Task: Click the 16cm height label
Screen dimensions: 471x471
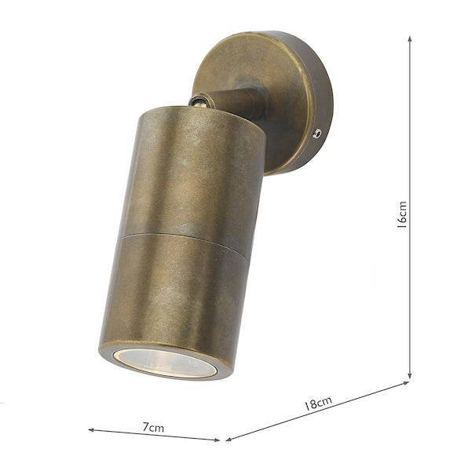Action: [401, 213]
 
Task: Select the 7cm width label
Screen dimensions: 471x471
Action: [154, 427]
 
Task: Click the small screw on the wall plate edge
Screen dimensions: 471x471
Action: [316, 134]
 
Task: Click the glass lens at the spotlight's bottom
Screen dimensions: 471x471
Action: [165, 361]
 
